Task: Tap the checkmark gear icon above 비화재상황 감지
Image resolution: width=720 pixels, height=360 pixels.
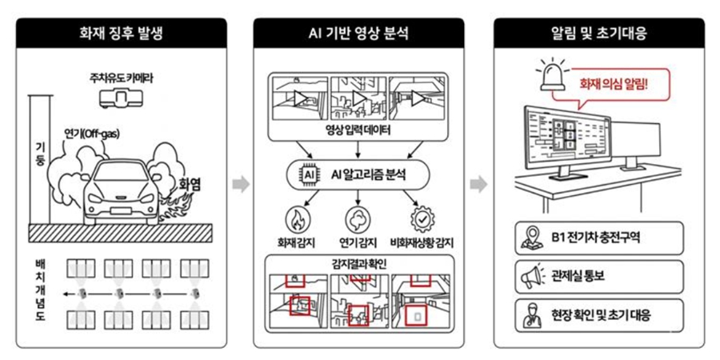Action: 421,218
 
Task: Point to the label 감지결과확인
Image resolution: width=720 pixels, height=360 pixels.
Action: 358,261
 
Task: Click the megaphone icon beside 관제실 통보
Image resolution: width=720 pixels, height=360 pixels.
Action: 532,276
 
